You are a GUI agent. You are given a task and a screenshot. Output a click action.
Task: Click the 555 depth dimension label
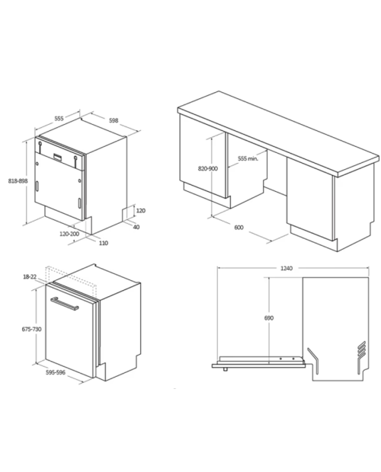59,118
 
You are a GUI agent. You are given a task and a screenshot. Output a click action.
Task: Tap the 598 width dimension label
114,121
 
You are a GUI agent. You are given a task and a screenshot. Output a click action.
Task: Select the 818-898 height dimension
18,181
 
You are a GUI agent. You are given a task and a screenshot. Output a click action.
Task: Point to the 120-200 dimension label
69,234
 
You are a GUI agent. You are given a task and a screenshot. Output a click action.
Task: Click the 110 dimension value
104,243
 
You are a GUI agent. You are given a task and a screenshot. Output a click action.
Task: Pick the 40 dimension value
136,227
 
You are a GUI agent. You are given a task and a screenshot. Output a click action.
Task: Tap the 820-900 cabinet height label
208,168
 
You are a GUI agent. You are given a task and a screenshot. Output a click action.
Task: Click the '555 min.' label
248,158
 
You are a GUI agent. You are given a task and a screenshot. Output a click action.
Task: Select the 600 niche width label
239,228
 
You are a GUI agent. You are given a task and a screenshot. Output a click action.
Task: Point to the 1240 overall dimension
287,268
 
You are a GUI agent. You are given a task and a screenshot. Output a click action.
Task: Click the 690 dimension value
269,318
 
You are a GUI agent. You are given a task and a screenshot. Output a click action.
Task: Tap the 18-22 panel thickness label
30,276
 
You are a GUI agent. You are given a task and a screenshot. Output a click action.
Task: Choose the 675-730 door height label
32,330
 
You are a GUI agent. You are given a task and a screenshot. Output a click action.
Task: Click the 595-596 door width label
56,373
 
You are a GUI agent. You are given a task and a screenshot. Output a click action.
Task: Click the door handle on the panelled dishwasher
65,304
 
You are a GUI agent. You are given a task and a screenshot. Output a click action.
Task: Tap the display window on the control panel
58,157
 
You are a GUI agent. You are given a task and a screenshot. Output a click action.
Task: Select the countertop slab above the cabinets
278,134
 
